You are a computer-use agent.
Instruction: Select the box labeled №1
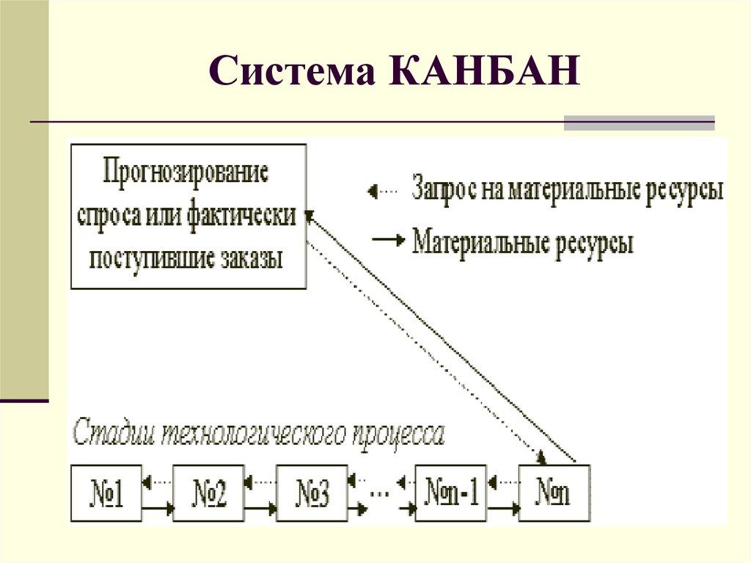106,493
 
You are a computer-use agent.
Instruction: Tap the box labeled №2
209,493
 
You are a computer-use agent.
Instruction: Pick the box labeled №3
312,493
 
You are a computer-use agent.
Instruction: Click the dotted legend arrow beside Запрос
382,192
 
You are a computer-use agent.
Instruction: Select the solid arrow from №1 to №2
157,507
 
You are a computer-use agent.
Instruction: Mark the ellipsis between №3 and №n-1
379,493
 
